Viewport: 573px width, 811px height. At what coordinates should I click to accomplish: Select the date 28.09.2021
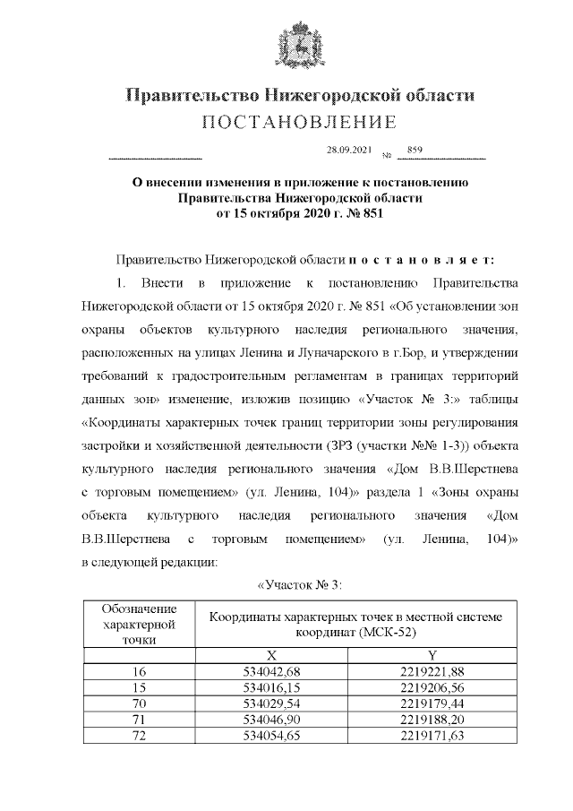click(348, 151)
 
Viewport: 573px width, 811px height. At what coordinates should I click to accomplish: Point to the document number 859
click(415, 151)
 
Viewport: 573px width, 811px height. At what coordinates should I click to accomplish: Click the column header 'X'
click(271, 656)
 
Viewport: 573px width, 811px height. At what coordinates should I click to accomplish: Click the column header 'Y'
click(432, 656)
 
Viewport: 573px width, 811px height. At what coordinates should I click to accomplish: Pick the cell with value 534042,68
click(271, 672)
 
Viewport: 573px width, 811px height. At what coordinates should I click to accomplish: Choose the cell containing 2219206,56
click(432, 687)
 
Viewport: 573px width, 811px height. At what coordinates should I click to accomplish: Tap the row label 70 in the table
click(139, 703)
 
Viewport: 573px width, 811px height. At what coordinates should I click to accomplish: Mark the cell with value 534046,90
click(271, 720)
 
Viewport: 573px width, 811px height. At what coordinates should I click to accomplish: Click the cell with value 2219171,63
click(432, 736)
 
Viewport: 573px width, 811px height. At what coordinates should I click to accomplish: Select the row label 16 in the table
click(139, 672)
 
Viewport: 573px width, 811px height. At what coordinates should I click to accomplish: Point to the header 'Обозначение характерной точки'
click(139, 624)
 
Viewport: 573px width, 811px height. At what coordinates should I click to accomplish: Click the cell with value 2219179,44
click(432, 703)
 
